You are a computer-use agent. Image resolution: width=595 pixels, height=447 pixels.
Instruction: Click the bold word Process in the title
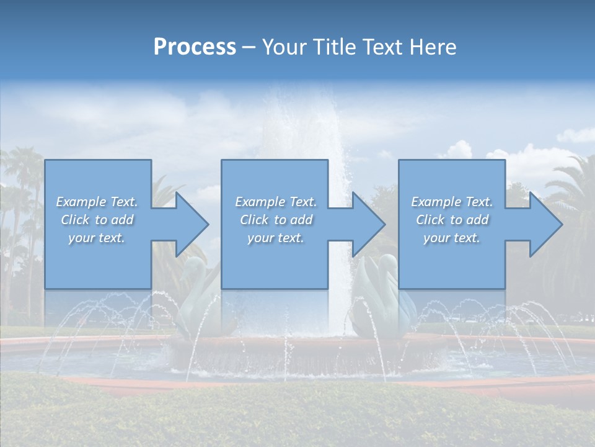click(x=195, y=47)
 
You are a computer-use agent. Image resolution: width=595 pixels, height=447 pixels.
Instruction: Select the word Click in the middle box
click(x=253, y=220)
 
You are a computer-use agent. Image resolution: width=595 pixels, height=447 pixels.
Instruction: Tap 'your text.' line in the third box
click(x=451, y=238)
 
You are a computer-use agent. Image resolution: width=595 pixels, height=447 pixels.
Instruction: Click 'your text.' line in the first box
click(x=97, y=238)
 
